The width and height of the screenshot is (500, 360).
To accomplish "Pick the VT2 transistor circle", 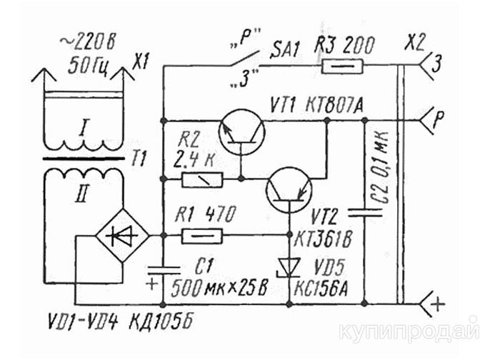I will point(289,191).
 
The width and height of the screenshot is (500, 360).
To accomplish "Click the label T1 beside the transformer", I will point(137,161).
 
